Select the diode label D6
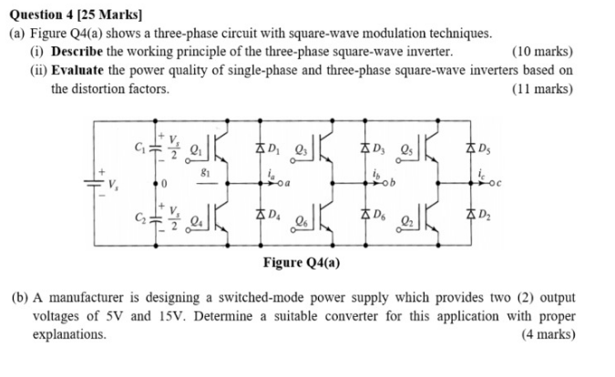(x=382, y=216)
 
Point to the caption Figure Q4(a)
(x=303, y=262)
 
